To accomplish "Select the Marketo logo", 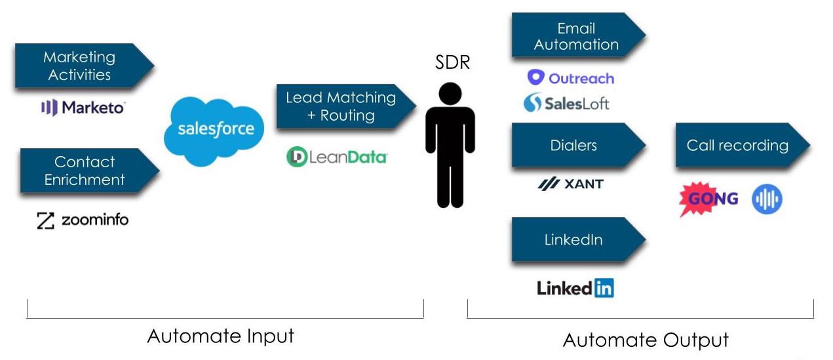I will [83, 108].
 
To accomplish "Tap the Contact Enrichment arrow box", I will [85, 170].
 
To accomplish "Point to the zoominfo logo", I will [83, 220].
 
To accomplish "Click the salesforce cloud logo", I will [214, 129].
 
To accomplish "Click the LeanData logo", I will [337, 157].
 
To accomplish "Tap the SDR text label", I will [452, 63].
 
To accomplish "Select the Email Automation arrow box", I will [574, 37].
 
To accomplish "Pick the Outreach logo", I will [571, 78].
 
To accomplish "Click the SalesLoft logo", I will [567, 103].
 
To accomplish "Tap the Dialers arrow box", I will [574, 145].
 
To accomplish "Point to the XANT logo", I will [570, 184].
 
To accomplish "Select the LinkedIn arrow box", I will [574, 240].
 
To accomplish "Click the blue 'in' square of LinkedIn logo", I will [604, 288].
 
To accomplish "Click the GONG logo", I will [708, 199].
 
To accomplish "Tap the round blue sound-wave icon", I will [767, 199].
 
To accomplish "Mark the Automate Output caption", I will [646, 340].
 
